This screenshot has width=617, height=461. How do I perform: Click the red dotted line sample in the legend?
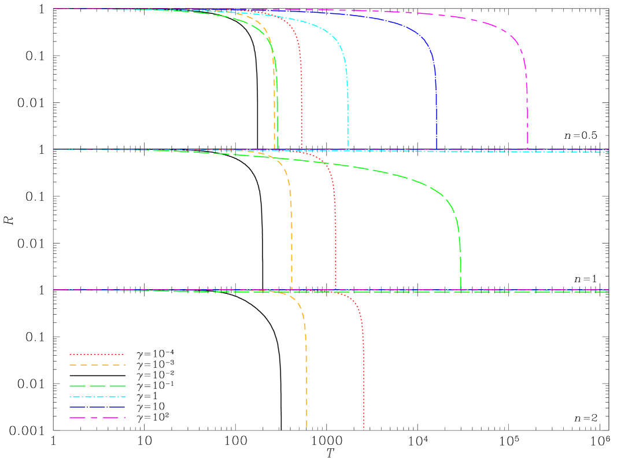pos(97,355)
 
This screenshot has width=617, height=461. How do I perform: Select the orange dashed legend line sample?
pos(97,365)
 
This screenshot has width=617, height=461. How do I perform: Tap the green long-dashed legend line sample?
pos(97,386)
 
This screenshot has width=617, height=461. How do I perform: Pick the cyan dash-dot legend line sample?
pos(97,397)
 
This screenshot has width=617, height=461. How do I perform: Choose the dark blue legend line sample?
pos(97,407)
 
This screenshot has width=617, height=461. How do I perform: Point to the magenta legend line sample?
pos(97,418)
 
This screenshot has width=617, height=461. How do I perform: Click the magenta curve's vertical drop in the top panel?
pos(527,110)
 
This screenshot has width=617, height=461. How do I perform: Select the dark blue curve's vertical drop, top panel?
pos(436,110)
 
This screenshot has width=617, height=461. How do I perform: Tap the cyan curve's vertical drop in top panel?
pos(348,110)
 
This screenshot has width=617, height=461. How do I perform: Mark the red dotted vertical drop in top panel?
pos(301,110)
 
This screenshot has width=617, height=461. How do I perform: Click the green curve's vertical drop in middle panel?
pos(460,260)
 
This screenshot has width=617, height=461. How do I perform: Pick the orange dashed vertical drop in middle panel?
pos(291,243)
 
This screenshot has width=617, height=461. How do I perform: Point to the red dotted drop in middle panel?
pos(335,243)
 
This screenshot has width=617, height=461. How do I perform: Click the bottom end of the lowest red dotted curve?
pos(364,429)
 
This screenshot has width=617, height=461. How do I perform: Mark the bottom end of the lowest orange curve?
pos(306,427)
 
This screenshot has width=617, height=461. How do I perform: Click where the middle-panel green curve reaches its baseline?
pos(460,289)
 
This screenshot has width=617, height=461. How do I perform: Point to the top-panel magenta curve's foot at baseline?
pos(527,149)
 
